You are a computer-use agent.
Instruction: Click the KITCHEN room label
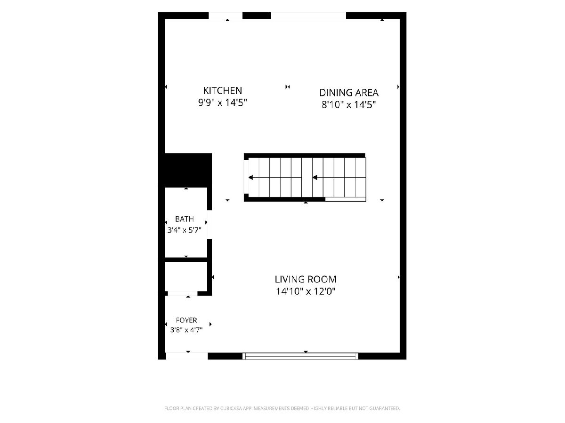pyautogui.click(x=222, y=91)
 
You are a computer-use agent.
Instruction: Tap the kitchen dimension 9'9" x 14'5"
pyautogui.click(x=222, y=103)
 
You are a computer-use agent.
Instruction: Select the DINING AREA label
pyautogui.click(x=349, y=93)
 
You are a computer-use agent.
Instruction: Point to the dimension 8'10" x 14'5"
pyautogui.click(x=349, y=105)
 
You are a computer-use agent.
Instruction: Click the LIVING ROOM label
pyautogui.click(x=306, y=279)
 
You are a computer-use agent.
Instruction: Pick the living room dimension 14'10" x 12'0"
pyautogui.click(x=306, y=291)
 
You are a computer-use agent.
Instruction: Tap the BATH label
pyautogui.click(x=184, y=219)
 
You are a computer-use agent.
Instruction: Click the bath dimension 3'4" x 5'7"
pyautogui.click(x=184, y=230)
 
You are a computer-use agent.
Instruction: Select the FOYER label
pyautogui.click(x=186, y=320)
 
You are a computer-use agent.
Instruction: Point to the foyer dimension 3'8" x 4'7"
pyautogui.click(x=186, y=330)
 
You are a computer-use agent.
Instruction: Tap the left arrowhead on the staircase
pyautogui.click(x=250, y=178)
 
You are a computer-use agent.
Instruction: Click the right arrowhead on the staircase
pyautogui.click(x=315, y=178)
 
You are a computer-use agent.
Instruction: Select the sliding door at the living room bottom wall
pyautogui.click(x=300, y=356)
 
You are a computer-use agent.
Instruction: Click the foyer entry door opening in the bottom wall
pyautogui.click(x=186, y=356)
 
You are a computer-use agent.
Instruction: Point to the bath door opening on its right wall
pyautogui.click(x=210, y=225)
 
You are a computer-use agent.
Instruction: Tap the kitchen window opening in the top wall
pyautogui.click(x=226, y=16)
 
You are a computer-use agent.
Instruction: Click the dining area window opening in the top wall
pyautogui.click(x=308, y=16)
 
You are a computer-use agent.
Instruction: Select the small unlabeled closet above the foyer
pyautogui.click(x=186, y=276)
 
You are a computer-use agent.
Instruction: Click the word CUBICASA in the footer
pyautogui.click(x=231, y=408)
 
